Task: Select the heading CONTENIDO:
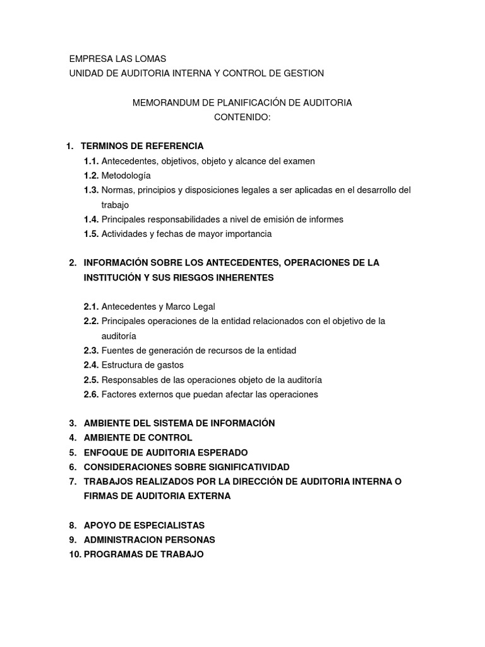point(242,117)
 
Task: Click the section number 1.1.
point(91,161)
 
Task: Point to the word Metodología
point(126,176)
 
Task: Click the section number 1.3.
point(91,190)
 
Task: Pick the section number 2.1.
point(91,306)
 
